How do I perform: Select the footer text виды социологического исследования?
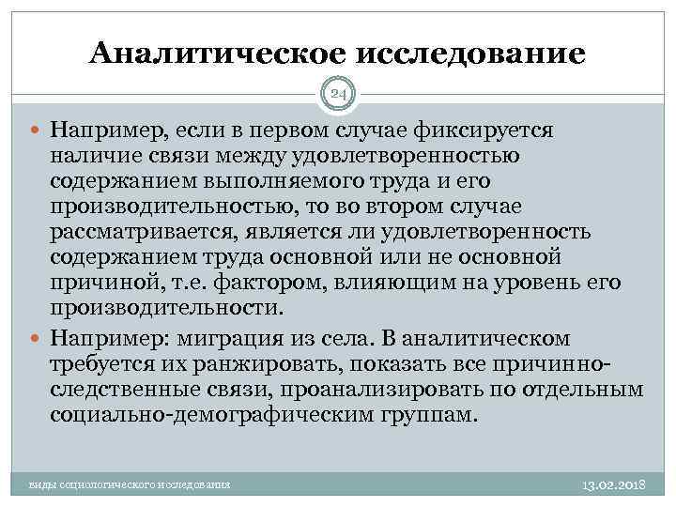tap(131, 484)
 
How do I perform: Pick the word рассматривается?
tap(134, 232)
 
